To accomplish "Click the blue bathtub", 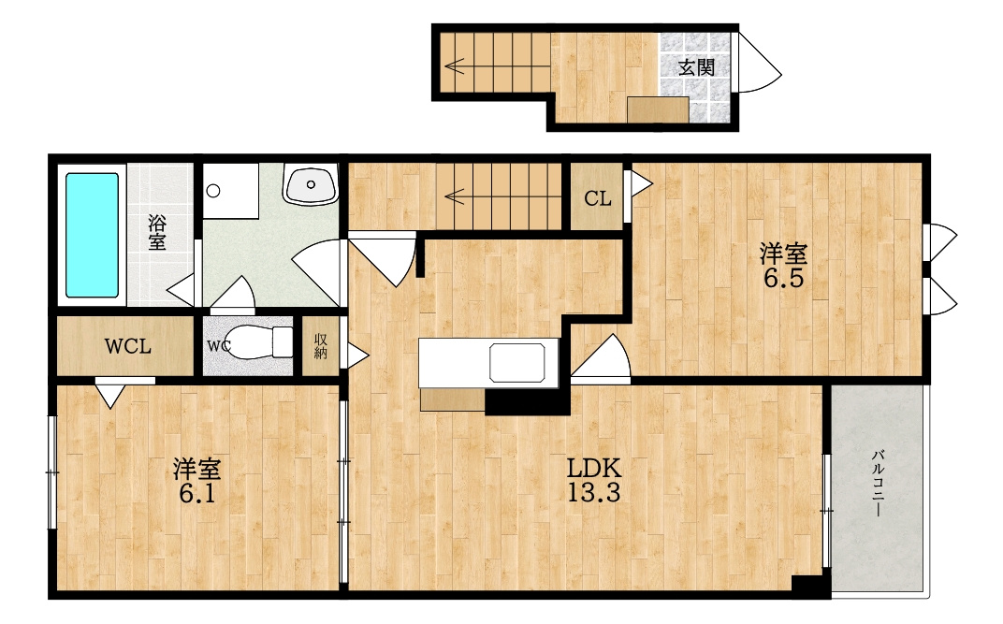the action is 92,235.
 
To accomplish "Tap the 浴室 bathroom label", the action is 157,232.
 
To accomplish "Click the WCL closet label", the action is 128,346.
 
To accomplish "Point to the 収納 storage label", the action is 321,346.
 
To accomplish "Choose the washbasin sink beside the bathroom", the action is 311,185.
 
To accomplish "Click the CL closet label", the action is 598,198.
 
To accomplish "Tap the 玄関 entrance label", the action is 696,67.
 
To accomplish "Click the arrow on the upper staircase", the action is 455,65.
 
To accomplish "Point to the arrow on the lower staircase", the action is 455,196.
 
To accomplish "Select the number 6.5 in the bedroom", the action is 783,278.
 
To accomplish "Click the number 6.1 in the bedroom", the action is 196,494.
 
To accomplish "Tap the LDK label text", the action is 594,469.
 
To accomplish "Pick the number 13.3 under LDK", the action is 593,492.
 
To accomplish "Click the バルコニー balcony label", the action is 879,484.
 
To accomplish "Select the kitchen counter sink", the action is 517,362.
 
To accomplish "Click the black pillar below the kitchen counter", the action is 527,402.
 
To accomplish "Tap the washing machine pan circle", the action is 214,191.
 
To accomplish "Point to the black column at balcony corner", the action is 811,586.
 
